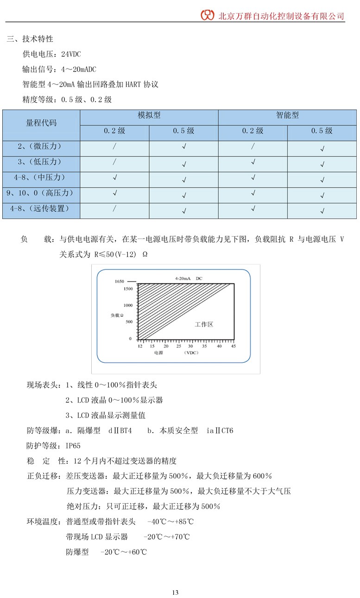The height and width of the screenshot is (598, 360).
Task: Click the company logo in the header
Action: tap(208, 15)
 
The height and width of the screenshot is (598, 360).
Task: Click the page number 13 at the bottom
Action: tap(175, 592)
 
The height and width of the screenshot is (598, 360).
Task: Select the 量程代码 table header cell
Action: tap(41, 123)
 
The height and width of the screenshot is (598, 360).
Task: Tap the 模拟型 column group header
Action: tap(149, 115)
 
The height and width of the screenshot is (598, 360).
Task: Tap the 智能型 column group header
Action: tap(287, 115)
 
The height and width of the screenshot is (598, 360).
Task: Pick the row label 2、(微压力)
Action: tap(41, 146)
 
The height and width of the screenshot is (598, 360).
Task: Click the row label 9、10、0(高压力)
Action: tap(41, 193)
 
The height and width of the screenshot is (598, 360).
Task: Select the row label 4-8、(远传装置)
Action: tap(41, 208)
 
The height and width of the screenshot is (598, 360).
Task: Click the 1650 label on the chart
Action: tap(120, 281)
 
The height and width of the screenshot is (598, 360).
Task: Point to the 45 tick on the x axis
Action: tap(234, 346)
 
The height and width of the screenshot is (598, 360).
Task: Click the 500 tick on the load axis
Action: tap(128, 321)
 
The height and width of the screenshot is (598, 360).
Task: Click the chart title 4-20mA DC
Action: tap(189, 278)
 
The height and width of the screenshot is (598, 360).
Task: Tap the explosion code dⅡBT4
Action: tap(120, 431)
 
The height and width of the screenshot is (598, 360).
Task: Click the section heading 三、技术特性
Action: tap(30, 39)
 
